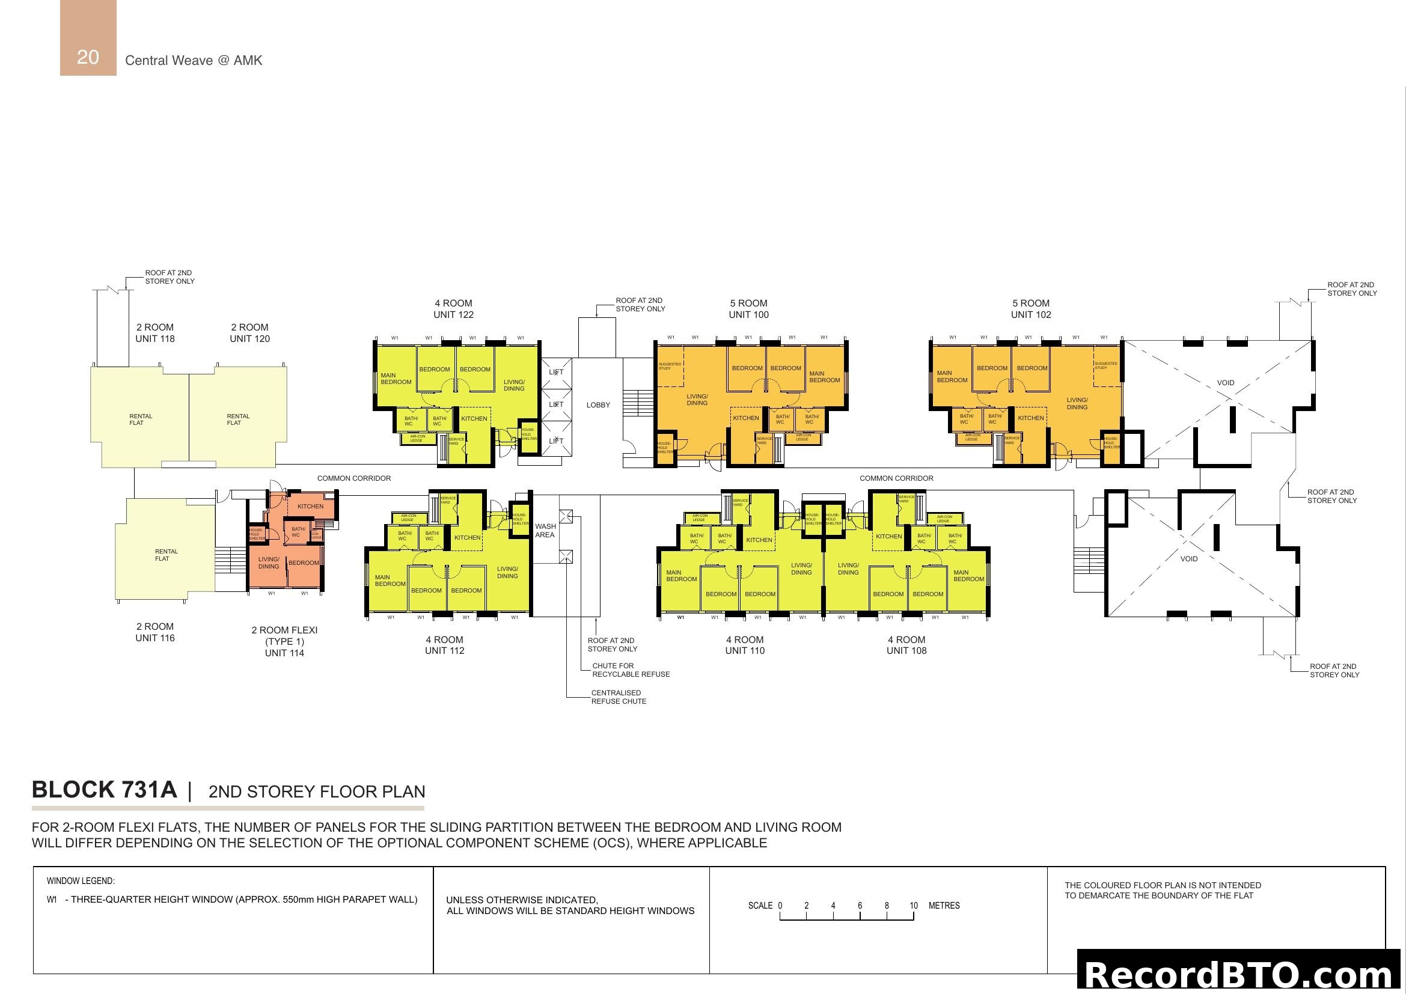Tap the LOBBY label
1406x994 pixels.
click(598, 405)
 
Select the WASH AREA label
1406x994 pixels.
click(545, 531)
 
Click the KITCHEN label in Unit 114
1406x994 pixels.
click(310, 506)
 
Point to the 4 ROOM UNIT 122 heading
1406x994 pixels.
click(453, 309)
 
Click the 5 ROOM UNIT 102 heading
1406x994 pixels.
click(1031, 309)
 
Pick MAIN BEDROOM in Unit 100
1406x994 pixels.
click(824, 377)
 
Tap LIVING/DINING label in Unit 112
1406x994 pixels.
click(507, 572)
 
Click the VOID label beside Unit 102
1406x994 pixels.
click(1225, 383)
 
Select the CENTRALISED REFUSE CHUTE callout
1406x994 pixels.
click(618, 697)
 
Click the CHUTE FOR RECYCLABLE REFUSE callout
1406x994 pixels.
click(630, 670)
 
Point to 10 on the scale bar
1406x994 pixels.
click(913, 906)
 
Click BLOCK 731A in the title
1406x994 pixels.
click(105, 790)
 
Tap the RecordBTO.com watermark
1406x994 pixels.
click(1241, 974)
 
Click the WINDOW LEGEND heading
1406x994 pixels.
click(81, 882)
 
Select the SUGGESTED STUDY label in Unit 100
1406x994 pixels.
click(669, 366)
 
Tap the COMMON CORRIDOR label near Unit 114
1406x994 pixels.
click(353, 478)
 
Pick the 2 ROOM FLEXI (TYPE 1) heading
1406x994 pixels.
click(284, 636)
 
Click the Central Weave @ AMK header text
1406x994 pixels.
click(194, 61)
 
